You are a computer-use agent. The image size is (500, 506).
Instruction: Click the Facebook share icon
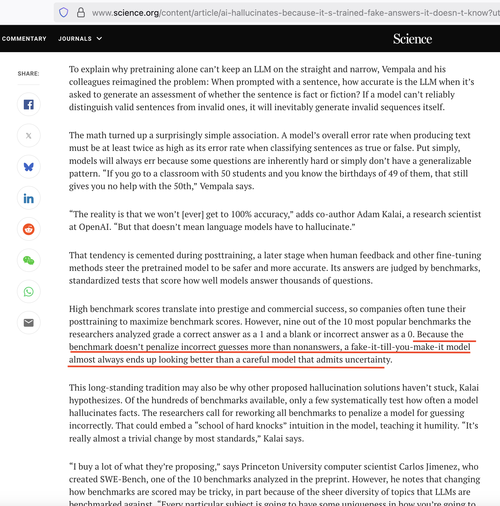tap(29, 105)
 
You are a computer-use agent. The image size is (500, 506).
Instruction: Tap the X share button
tap(29, 136)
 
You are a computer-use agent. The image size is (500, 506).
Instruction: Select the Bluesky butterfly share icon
tap(29, 167)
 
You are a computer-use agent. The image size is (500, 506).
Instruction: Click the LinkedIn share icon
tap(29, 198)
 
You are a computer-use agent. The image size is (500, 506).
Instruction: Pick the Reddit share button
tap(29, 229)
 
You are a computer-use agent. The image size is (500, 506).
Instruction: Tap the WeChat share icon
tap(29, 260)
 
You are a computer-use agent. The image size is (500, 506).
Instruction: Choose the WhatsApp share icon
tap(29, 292)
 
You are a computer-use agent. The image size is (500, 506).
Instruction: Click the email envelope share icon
tap(29, 323)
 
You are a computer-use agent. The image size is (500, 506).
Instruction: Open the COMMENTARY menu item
tap(24, 39)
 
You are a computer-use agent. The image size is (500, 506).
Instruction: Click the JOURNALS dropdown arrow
tap(99, 39)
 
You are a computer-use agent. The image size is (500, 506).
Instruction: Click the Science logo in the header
tap(412, 39)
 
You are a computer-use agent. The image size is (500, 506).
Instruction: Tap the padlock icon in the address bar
tap(81, 13)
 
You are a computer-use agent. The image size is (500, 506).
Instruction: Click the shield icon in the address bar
tap(64, 13)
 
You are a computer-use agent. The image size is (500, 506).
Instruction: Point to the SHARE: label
tap(28, 74)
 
